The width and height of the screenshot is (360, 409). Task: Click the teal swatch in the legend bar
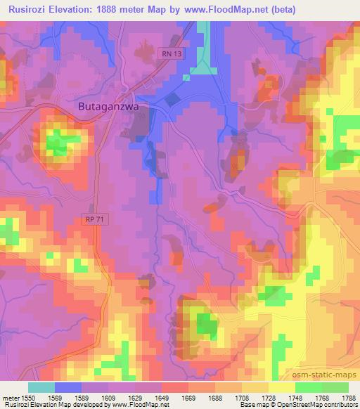tap(41, 387)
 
